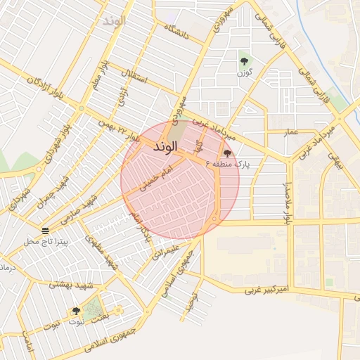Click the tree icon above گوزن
[x=244, y=61]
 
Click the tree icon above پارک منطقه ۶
[x=226, y=153]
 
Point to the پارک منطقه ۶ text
[x=228, y=164]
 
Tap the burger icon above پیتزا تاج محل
[x=45, y=231]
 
